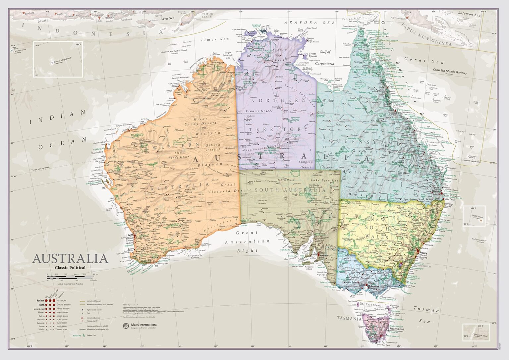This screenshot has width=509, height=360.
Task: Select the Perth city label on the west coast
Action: point(130,235)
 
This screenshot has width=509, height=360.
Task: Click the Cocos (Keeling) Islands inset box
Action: point(58,59)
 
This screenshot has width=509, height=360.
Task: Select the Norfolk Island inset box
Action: point(474,216)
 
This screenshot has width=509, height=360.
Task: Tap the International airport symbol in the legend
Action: point(82,318)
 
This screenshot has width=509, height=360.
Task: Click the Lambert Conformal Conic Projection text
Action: point(70,284)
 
